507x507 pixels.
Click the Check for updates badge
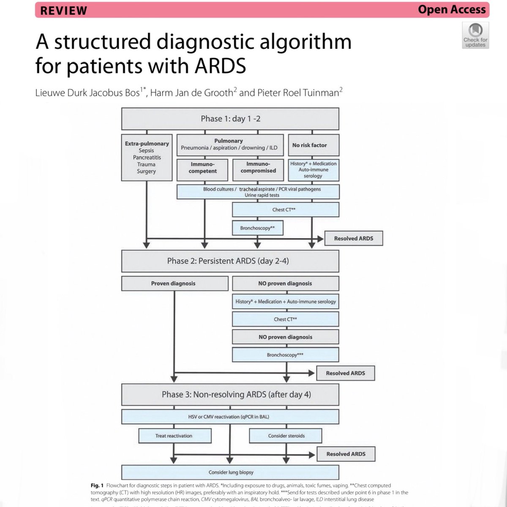475,35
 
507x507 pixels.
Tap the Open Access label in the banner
452,9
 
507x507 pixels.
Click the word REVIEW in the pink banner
64,11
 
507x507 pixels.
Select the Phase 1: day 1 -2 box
230,119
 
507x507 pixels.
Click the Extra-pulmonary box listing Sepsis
147,157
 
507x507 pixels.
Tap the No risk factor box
313,145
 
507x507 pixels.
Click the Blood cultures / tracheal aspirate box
258,192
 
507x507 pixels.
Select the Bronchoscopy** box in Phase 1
258,228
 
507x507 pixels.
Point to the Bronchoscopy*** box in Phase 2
285,355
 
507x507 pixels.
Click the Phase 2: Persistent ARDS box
230,261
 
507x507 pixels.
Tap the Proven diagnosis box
174,283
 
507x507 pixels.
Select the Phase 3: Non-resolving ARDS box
230,395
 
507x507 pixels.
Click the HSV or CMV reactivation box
230,417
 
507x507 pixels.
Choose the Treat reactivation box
174,436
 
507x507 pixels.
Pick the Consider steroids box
286,436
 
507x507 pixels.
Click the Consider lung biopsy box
230,472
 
